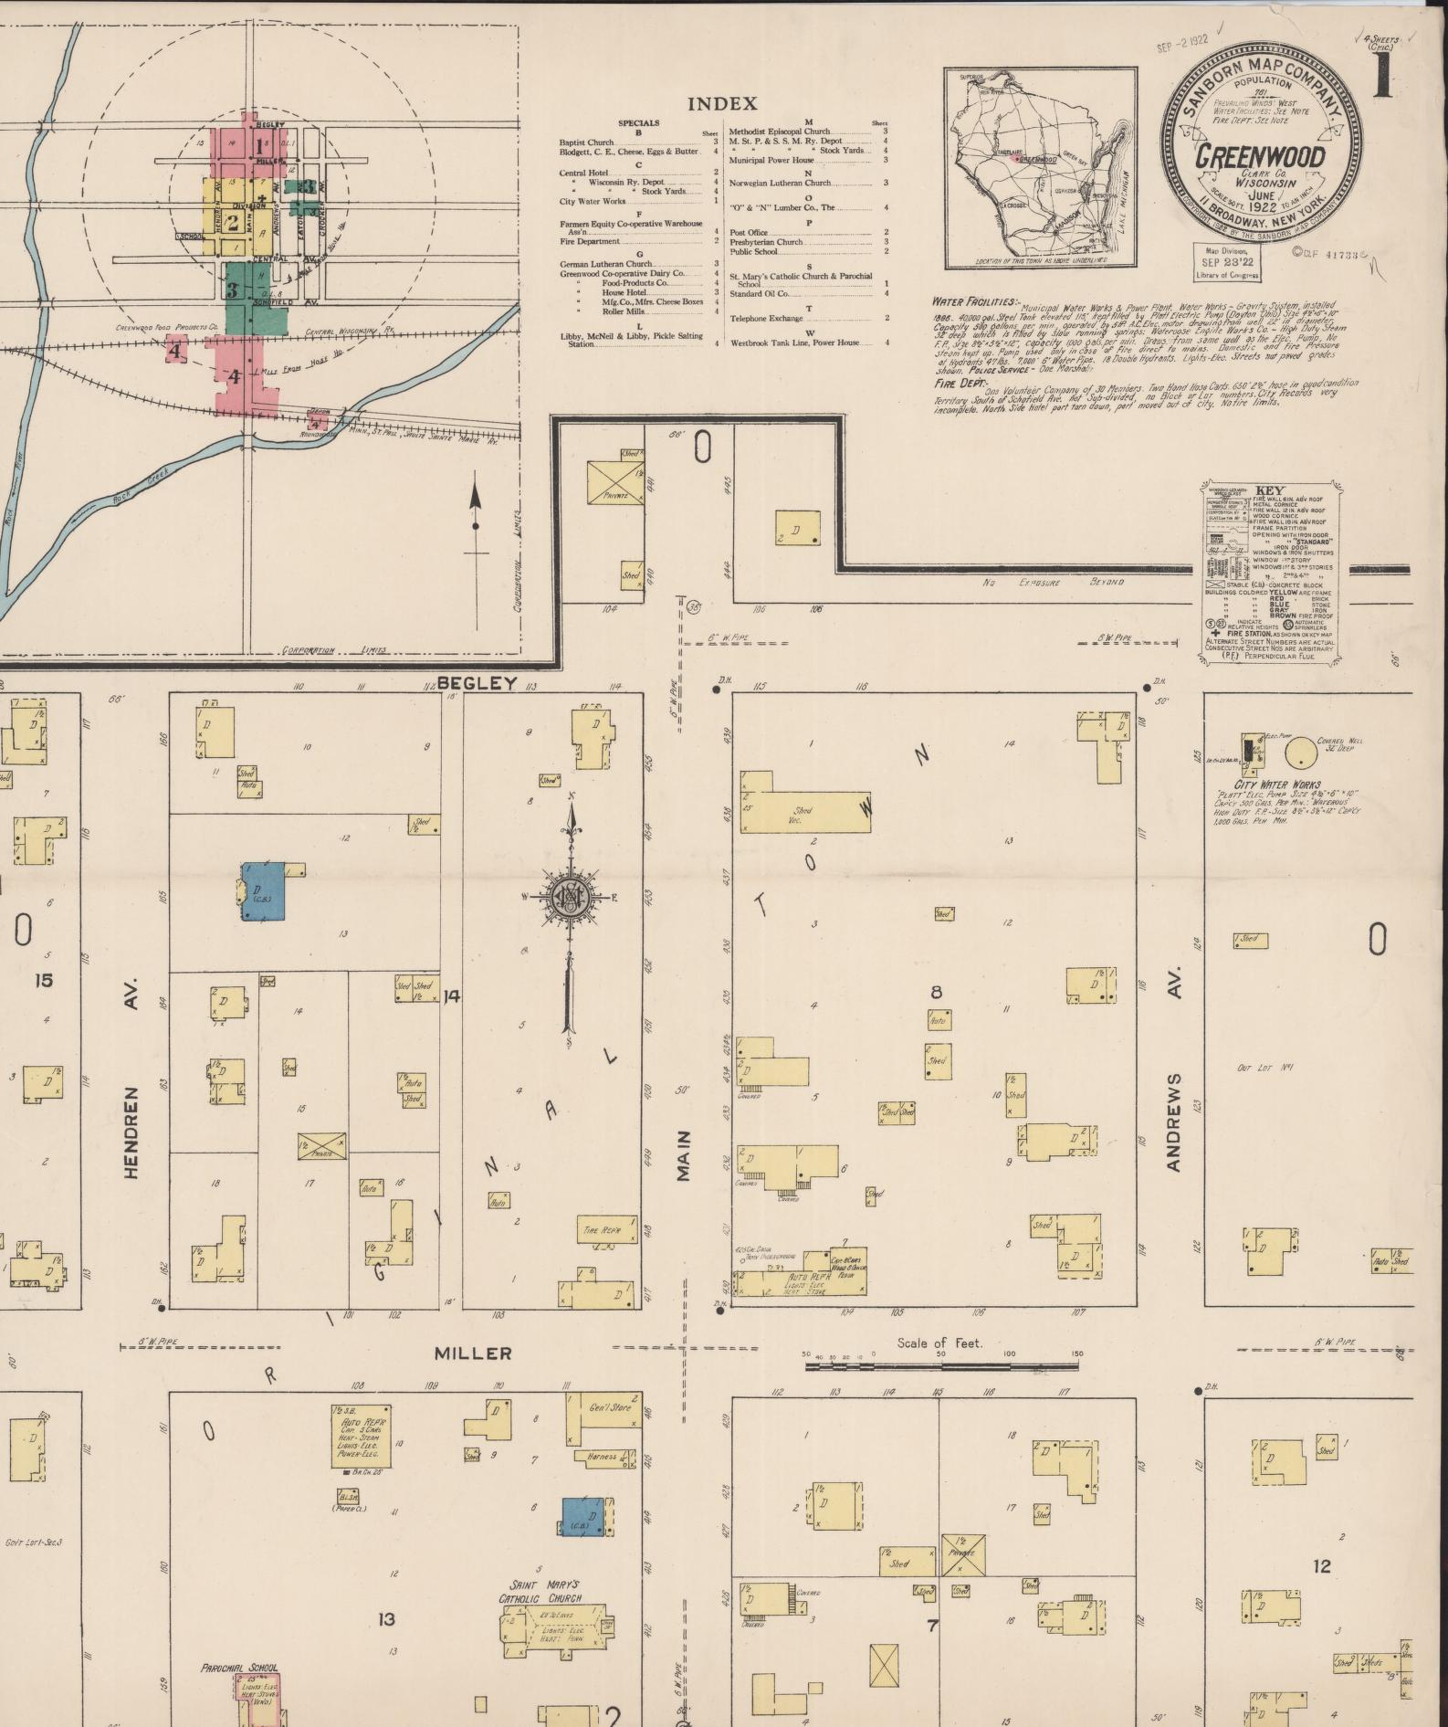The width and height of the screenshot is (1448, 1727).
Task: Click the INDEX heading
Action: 722,104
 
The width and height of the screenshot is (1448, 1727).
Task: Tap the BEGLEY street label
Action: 477,682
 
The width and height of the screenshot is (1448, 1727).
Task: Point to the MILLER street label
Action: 472,1353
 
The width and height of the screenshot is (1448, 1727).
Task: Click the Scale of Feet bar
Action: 940,1367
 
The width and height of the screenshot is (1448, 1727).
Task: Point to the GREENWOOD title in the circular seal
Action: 1260,155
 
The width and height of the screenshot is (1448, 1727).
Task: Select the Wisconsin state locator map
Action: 1040,168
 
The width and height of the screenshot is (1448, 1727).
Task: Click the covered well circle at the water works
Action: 1297,753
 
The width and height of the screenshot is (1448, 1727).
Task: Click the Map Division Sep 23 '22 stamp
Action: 1226,260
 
